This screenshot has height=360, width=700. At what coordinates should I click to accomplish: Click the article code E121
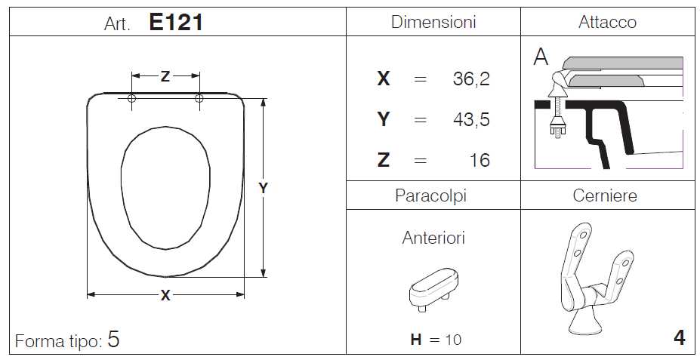pos(175,23)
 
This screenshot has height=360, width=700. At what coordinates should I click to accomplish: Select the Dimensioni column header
pos(433,22)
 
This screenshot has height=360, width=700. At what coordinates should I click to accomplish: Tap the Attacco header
pos(607,22)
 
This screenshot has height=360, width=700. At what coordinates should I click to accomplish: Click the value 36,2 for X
pos(471,79)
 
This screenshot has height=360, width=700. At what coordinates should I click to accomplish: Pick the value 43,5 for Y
pos(471,119)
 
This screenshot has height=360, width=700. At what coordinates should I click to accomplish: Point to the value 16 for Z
pos(480,160)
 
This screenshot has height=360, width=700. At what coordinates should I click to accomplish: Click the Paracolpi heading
pos(430,195)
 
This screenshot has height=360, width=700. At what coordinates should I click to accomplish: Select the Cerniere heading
pos(605,195)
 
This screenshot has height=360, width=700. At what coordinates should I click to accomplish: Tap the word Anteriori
pos(433,238)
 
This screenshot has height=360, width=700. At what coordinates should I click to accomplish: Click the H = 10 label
pos(436,340)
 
